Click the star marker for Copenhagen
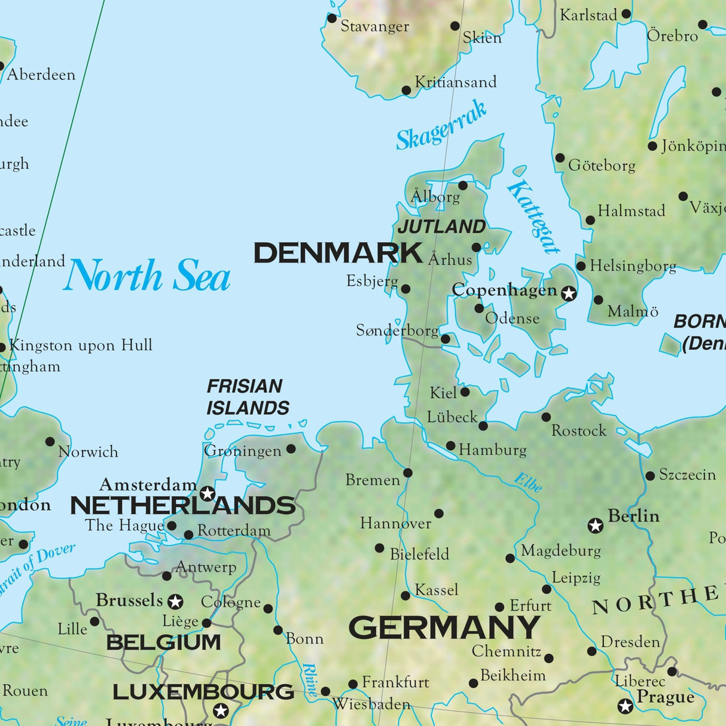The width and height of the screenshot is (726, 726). (x=569, y=293)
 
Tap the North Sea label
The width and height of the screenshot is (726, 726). (x=147, y=276)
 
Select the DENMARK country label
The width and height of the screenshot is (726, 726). (x=338, y=253)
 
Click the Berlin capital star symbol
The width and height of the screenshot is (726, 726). (x=595, y=526)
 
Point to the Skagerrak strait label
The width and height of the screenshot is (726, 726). (x=441, y=126)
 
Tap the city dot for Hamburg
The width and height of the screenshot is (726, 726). (x=451, y=446)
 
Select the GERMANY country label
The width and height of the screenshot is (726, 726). (x=444, y=628)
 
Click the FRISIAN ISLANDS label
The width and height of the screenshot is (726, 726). (x=248, y=397)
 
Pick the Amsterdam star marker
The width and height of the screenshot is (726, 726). (x=208, y=493)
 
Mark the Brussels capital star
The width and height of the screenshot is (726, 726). (x=175, y=601)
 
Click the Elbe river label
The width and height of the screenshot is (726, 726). (x=529, y=482)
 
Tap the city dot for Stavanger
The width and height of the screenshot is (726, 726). (x=332, y=19)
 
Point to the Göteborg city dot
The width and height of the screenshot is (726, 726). (x=560, y=158)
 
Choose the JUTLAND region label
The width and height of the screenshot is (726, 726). (x=442, y=227)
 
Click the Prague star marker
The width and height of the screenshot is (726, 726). (x=626, y=706)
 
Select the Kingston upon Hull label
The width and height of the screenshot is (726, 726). (x=81, y=345)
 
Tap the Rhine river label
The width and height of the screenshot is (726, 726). (x=310, y=679)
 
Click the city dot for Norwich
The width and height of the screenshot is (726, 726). (x=50, y=442)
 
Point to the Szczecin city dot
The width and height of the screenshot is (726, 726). (x=650, y=476)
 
